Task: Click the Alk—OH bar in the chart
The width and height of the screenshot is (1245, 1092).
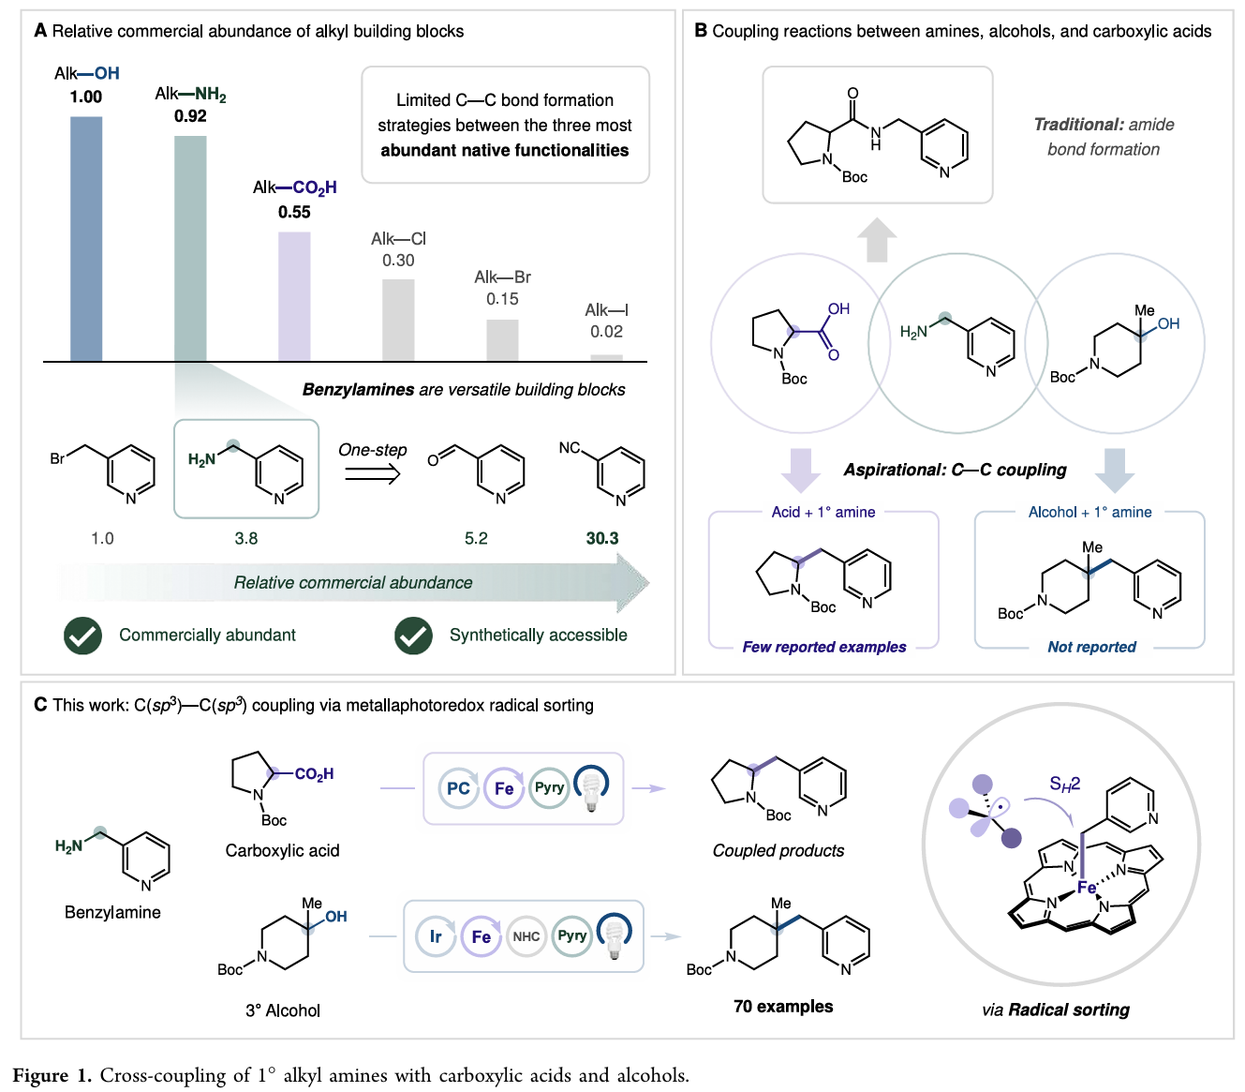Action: (x=86, y=239)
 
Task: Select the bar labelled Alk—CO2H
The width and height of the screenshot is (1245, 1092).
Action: (x=294, y=296)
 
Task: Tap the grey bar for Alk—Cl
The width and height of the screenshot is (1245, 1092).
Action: (x=398, y=320)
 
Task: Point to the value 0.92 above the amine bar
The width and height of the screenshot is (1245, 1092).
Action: (x=190, y=116)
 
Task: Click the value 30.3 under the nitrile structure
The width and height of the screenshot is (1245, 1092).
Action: (x=602, y=539)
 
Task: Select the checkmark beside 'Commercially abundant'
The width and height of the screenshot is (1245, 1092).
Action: (x=83, y=636)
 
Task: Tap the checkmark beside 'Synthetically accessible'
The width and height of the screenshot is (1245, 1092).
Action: (x=413, y=636)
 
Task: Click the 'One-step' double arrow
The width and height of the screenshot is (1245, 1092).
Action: (x=373, y=474)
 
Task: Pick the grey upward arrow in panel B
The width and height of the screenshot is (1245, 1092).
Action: (x=877, y=240)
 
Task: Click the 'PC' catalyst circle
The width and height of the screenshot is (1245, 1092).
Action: (x=458, y=788)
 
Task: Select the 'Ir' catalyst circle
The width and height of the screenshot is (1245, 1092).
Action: (x=436, y=936)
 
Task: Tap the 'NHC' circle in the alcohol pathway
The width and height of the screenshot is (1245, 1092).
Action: (x=526, y=936)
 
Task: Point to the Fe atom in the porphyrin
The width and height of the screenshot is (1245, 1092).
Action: (x=1087, y=888)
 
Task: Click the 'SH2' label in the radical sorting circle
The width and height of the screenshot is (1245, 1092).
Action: (x=1065, y=784)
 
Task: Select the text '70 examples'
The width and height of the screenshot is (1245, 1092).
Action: (x=783, y=1007)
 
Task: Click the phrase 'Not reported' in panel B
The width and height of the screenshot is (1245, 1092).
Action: (x=1091, y=647)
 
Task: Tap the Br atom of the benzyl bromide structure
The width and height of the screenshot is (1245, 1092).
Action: (x=57, y=458)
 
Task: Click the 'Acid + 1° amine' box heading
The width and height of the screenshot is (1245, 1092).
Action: (x=823, y=512)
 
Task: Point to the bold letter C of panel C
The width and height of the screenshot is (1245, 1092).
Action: (x=40, y=705)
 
